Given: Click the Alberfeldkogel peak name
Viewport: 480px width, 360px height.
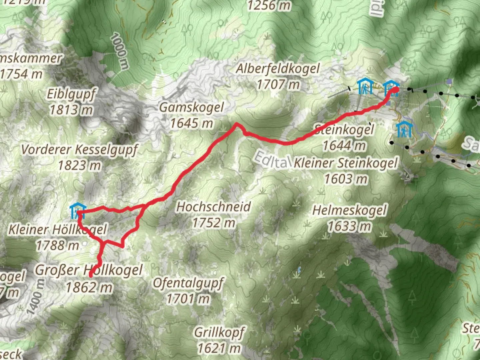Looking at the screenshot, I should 277,69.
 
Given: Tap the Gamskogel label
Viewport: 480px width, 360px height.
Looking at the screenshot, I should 191,107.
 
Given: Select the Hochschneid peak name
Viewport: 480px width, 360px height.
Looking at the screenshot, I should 213,207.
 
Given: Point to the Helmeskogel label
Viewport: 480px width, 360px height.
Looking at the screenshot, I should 349,210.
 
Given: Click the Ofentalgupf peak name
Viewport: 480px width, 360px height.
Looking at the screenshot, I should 188,283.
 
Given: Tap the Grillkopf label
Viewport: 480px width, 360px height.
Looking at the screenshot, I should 219,332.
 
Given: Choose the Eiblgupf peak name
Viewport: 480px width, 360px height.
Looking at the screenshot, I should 71,94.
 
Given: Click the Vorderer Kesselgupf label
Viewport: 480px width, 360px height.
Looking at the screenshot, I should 79,150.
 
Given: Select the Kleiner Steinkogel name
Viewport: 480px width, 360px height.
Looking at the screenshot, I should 346,163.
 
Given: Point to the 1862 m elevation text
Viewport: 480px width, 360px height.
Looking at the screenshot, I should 89,287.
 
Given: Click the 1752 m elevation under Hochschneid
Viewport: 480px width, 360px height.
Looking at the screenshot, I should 213,223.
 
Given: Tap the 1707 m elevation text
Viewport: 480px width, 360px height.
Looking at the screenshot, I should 278,84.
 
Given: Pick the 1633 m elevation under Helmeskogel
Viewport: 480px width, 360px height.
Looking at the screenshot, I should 349,227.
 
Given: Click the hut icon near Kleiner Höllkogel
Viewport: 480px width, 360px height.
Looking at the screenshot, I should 78,211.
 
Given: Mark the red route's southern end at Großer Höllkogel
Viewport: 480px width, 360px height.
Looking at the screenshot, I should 91,276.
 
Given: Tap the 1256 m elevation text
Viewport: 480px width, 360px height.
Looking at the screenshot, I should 269,5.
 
